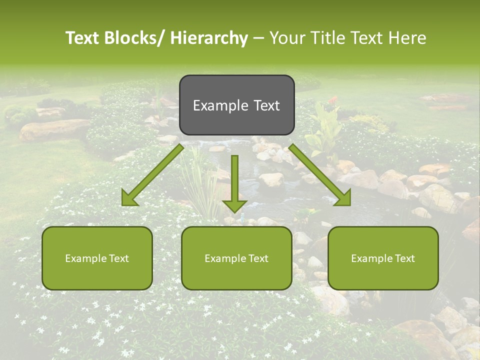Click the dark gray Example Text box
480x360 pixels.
point(236,105)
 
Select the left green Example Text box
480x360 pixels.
point(97,258)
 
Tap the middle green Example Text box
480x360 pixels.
point(236,258)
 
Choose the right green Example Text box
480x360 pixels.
point(383,258)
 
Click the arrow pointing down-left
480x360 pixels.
point(152,175)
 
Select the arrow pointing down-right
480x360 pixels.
point(320,175)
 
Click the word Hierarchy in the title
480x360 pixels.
point(209,38)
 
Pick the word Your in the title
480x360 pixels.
point(286,38)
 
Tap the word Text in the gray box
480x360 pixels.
point(265,105)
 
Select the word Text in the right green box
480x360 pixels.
point(404,258)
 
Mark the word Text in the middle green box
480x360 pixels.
point(257,258)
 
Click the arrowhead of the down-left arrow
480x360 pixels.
point(129,198)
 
